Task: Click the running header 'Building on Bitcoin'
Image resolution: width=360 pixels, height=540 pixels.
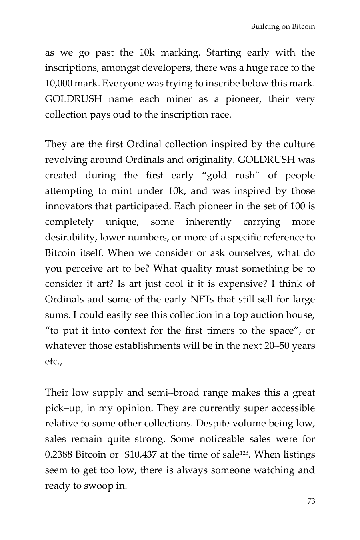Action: pos(283,27)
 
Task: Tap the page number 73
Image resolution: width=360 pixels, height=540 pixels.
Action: pos(311,501)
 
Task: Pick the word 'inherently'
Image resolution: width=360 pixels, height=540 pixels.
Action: pos(208,222)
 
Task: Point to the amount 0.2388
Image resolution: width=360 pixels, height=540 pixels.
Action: pos(58,455)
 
